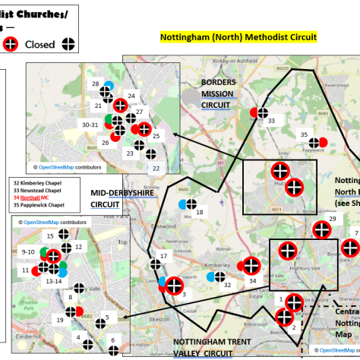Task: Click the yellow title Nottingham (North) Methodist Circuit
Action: click(238, 36)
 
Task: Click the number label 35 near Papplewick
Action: click(305, 135)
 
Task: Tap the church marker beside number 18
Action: click(191, 204)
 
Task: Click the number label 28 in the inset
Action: click(96, 84)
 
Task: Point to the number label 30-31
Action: click(90, 125)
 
